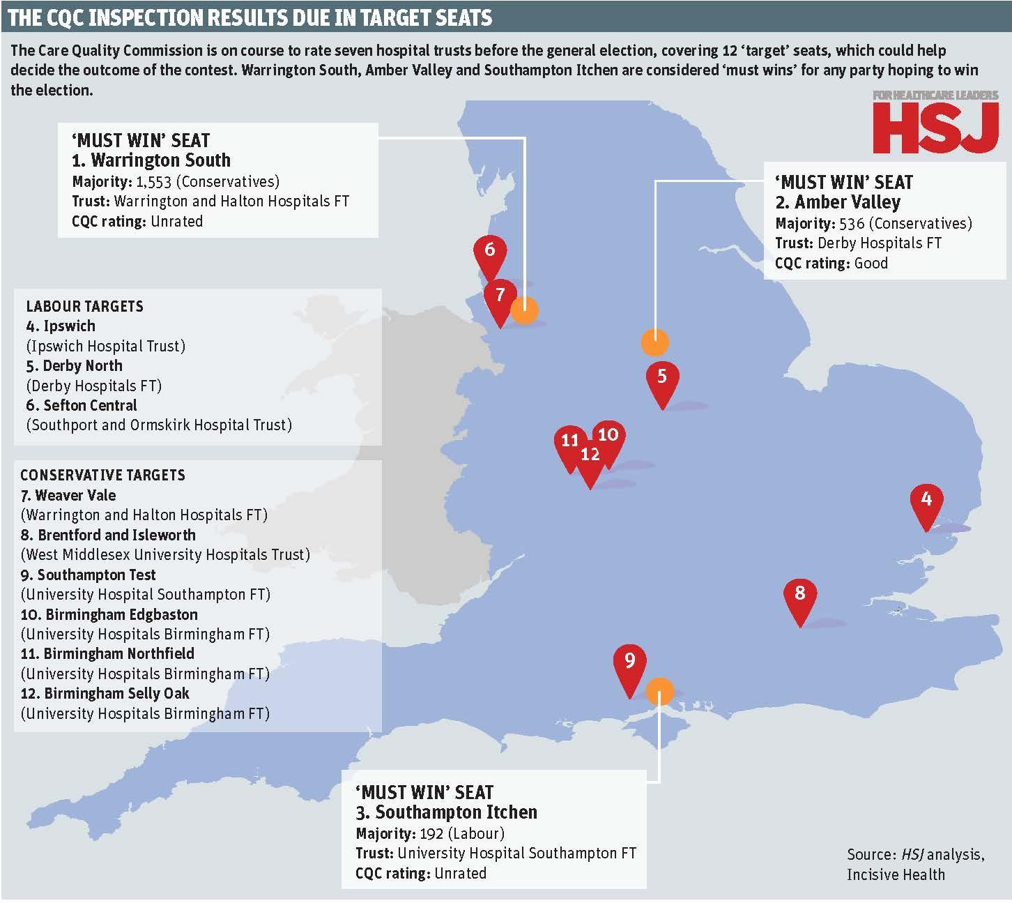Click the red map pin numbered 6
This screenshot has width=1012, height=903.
[489, 251]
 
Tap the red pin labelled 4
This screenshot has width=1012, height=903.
[926, 501]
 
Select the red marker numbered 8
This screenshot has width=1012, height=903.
[799, 595]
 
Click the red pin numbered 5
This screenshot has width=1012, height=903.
[661, 378]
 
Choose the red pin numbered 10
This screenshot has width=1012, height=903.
[608, 436]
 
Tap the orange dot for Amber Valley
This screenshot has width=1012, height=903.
[654, 342]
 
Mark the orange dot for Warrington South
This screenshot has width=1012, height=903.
[525, 310]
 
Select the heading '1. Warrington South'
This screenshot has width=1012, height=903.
[151, 160]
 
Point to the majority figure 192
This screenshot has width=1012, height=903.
[431, 833]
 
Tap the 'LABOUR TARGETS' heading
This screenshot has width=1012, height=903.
[84, 306]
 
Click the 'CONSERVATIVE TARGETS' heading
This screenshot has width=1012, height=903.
[102, 476]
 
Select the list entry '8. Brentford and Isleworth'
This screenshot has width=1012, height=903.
[108, 535]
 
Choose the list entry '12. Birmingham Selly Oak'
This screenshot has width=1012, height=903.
[105, 693]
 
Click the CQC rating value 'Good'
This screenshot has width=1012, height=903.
[871, 263]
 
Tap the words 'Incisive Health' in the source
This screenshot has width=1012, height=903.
[896, 874]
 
